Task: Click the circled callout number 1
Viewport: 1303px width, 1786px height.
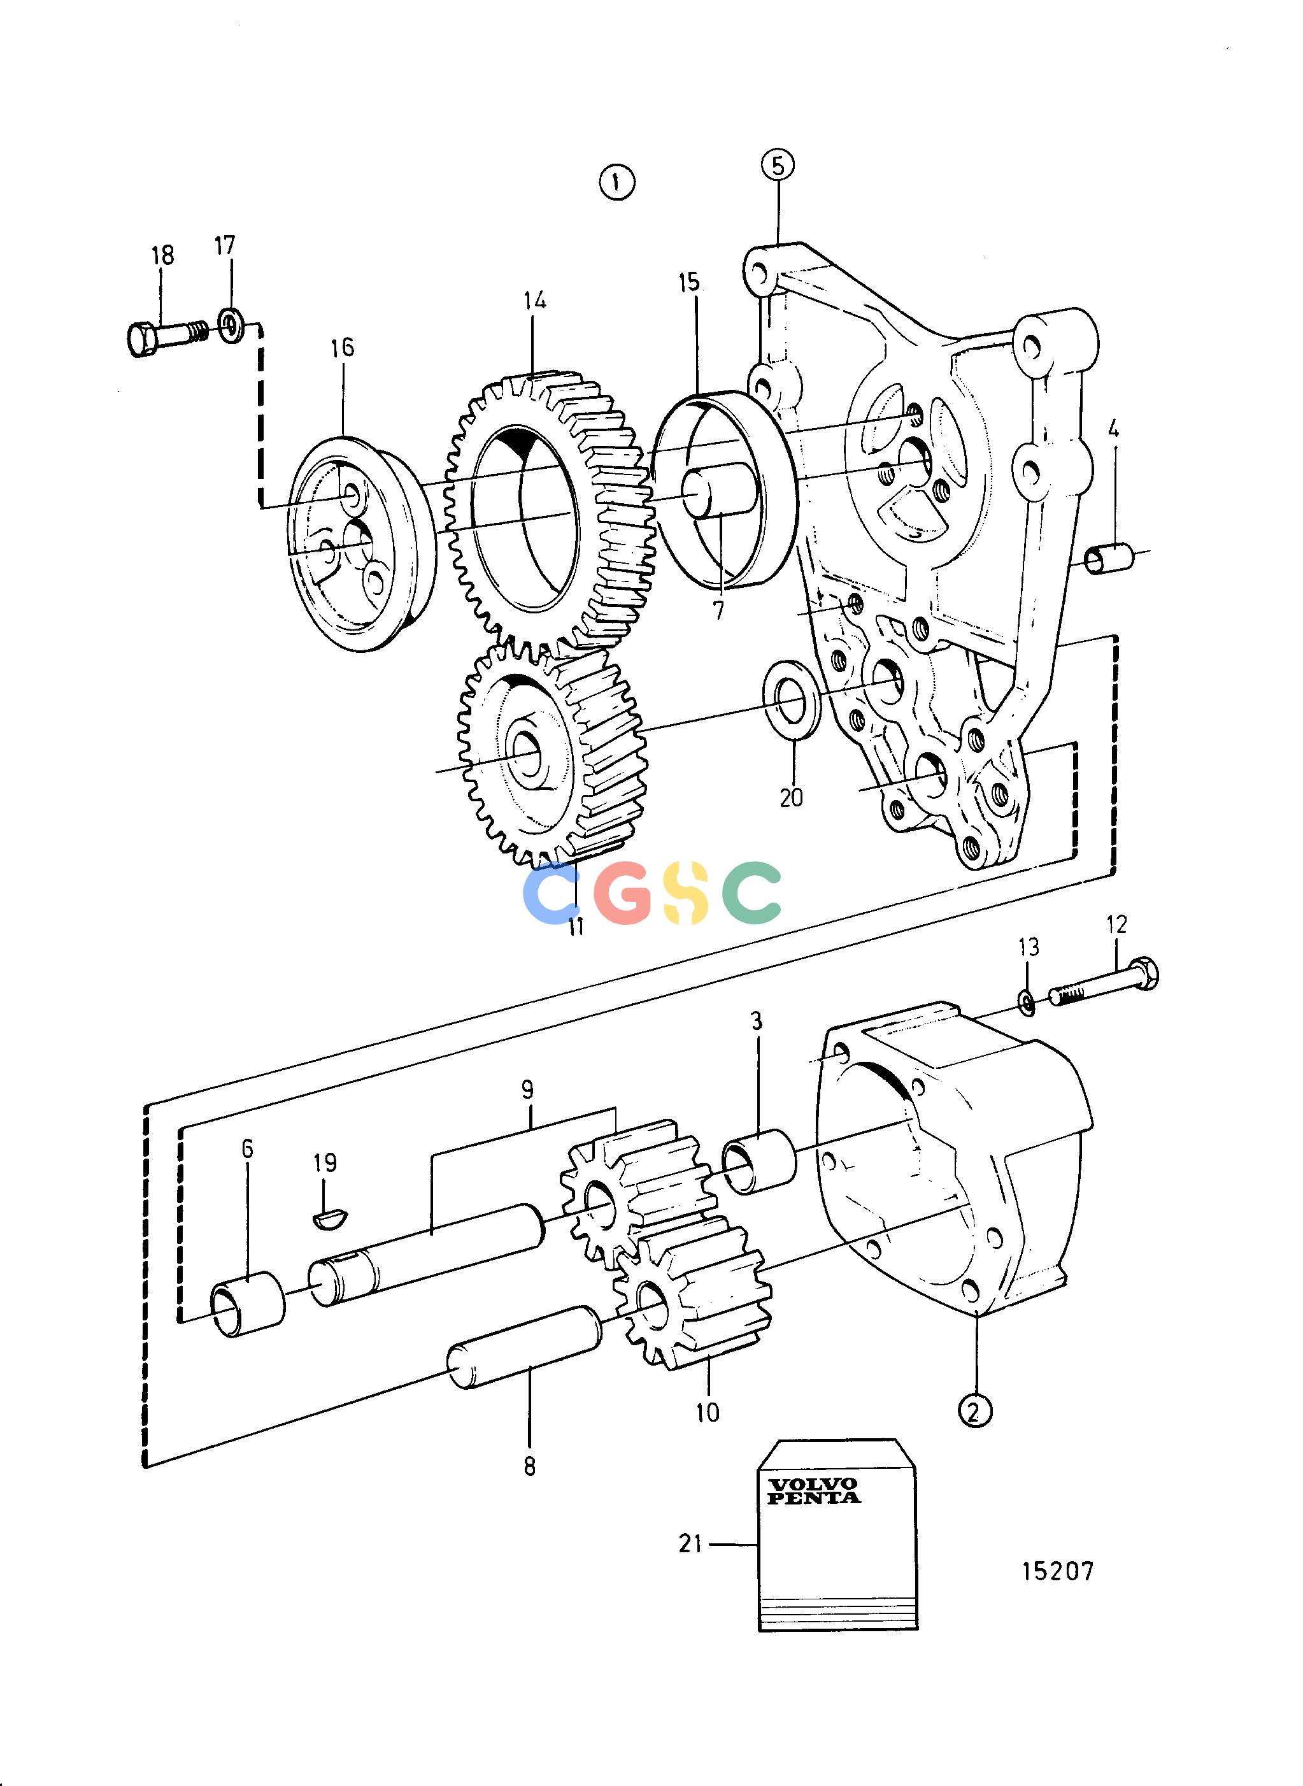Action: [x=617, y=183]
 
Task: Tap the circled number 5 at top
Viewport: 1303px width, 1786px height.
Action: [x=778, y=166]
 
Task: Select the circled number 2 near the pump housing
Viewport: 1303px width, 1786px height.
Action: [x=975, y=1410]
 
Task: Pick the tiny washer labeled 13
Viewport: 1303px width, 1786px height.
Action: [x=1028, y=1003]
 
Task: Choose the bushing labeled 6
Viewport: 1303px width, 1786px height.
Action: [x=248, y=1303]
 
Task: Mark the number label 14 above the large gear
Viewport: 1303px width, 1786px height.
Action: [x=534, y=301]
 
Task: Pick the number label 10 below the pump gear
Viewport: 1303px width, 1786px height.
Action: [x=708, y=1412]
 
